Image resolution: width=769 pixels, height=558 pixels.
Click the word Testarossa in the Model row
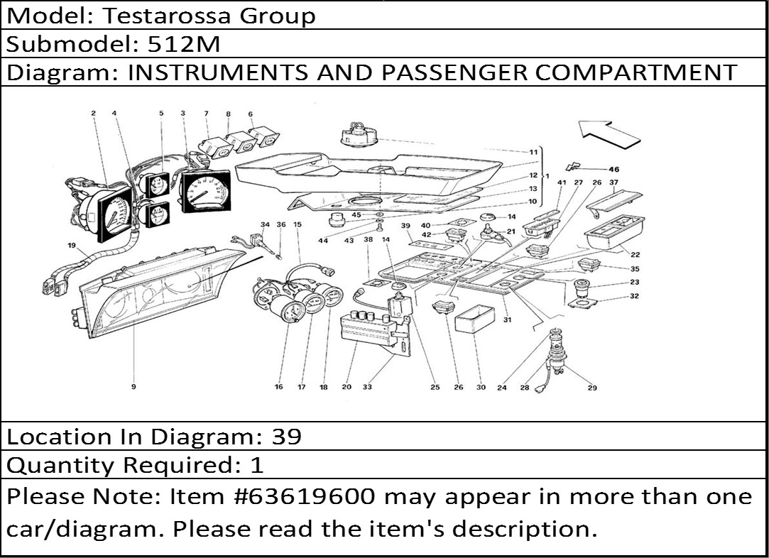pyautogui.click(x=166, y=16)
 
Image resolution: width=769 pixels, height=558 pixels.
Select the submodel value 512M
pyautogui.click(x=184, y=45)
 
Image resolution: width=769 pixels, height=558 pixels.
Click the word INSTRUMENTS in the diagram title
pyautogui.click(x=218, y=72)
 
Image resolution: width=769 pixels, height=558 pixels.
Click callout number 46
pyautogui.click(x=613, y=170)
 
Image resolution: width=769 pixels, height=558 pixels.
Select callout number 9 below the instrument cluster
pyautogui.click(x=133, y=387)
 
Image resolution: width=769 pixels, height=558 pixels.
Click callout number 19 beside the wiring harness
pyautogui.click(x=72, y=246)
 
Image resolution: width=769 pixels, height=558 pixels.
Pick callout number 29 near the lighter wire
pyautogui.click(x=592, y=388)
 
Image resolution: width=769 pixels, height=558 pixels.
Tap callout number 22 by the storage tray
pyautogui.click(x=635, y=254)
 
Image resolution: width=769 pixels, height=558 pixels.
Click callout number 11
pyautogui.click(x=533, y=152)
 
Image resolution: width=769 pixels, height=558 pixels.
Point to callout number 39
pyautogui.click(x=405, y=226)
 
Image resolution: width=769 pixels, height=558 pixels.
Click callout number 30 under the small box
pyautogui.click(x=481, y=388)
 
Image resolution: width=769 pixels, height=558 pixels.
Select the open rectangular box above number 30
pyautogui.click(x=475, y=319)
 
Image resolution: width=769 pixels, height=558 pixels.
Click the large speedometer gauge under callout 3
pyautogui.click(x=205, y=191)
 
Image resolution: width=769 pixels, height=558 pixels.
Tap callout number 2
pyautogui.click(x=93, y=114)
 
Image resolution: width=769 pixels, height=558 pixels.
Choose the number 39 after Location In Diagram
pyautogui.click(x=286, y=437)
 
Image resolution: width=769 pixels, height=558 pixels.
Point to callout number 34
pyautogui.click(x=265, y=224)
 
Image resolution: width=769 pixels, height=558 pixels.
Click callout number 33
pyautogui.click(x=367, y=387)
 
